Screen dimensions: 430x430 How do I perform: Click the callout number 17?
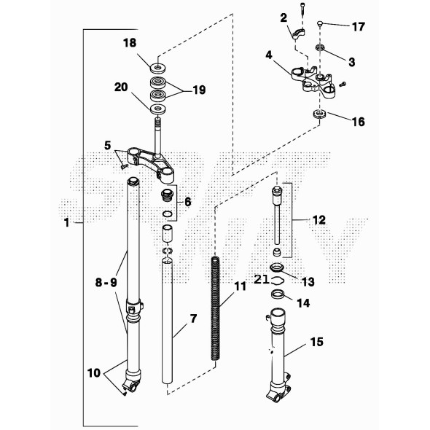click(x=359, y=27)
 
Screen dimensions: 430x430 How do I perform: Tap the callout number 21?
click(x=261, y=279)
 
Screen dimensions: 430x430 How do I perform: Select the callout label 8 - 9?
click(x=106, y=282)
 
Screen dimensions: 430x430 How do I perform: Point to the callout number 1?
click(x=67, y=222)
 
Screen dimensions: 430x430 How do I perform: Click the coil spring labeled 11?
click(x=215, y=308)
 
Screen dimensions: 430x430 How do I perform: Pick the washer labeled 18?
click(x=158, y=68)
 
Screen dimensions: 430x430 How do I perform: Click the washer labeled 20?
click(x=158, y=109)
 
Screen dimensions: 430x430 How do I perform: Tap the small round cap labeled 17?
click(x=319, y=23)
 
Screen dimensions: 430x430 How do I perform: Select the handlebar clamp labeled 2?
click(x=298, y=34)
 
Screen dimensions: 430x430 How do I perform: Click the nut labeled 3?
click(x=320, y=47)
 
